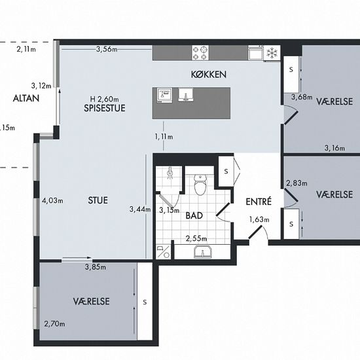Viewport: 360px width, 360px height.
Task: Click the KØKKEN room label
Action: [208, 75]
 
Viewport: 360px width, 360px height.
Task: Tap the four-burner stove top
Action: [200, 52]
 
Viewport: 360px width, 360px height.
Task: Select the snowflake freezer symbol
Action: [272, 53]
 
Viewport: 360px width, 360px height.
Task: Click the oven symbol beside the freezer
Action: [255, 53]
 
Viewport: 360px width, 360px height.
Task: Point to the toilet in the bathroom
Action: [200, 185]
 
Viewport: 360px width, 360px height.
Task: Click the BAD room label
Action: [194, 215]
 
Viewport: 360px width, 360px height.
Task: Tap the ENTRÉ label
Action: [259, 202]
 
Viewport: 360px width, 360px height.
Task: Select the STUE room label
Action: [98, 200]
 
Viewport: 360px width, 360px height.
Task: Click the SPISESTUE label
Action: [105, 108]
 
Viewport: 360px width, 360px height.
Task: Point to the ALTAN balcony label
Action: [26, 98]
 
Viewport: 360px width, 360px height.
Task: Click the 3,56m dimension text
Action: [107, 49]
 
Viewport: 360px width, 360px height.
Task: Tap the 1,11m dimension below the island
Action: [164, 137]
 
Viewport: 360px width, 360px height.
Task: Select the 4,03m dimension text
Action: [52, 201]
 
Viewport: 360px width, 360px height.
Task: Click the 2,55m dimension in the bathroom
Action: [196, 239]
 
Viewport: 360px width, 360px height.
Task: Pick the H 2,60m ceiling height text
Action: [105, 99]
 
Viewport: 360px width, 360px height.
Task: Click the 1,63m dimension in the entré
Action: [259, 220]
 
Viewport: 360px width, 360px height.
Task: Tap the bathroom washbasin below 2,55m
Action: [202, 252]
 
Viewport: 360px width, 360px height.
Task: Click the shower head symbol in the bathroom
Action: [170, 173]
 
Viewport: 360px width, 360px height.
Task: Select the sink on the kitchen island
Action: [186, 95]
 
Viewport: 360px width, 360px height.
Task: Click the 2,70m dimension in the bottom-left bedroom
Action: [54, 324]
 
